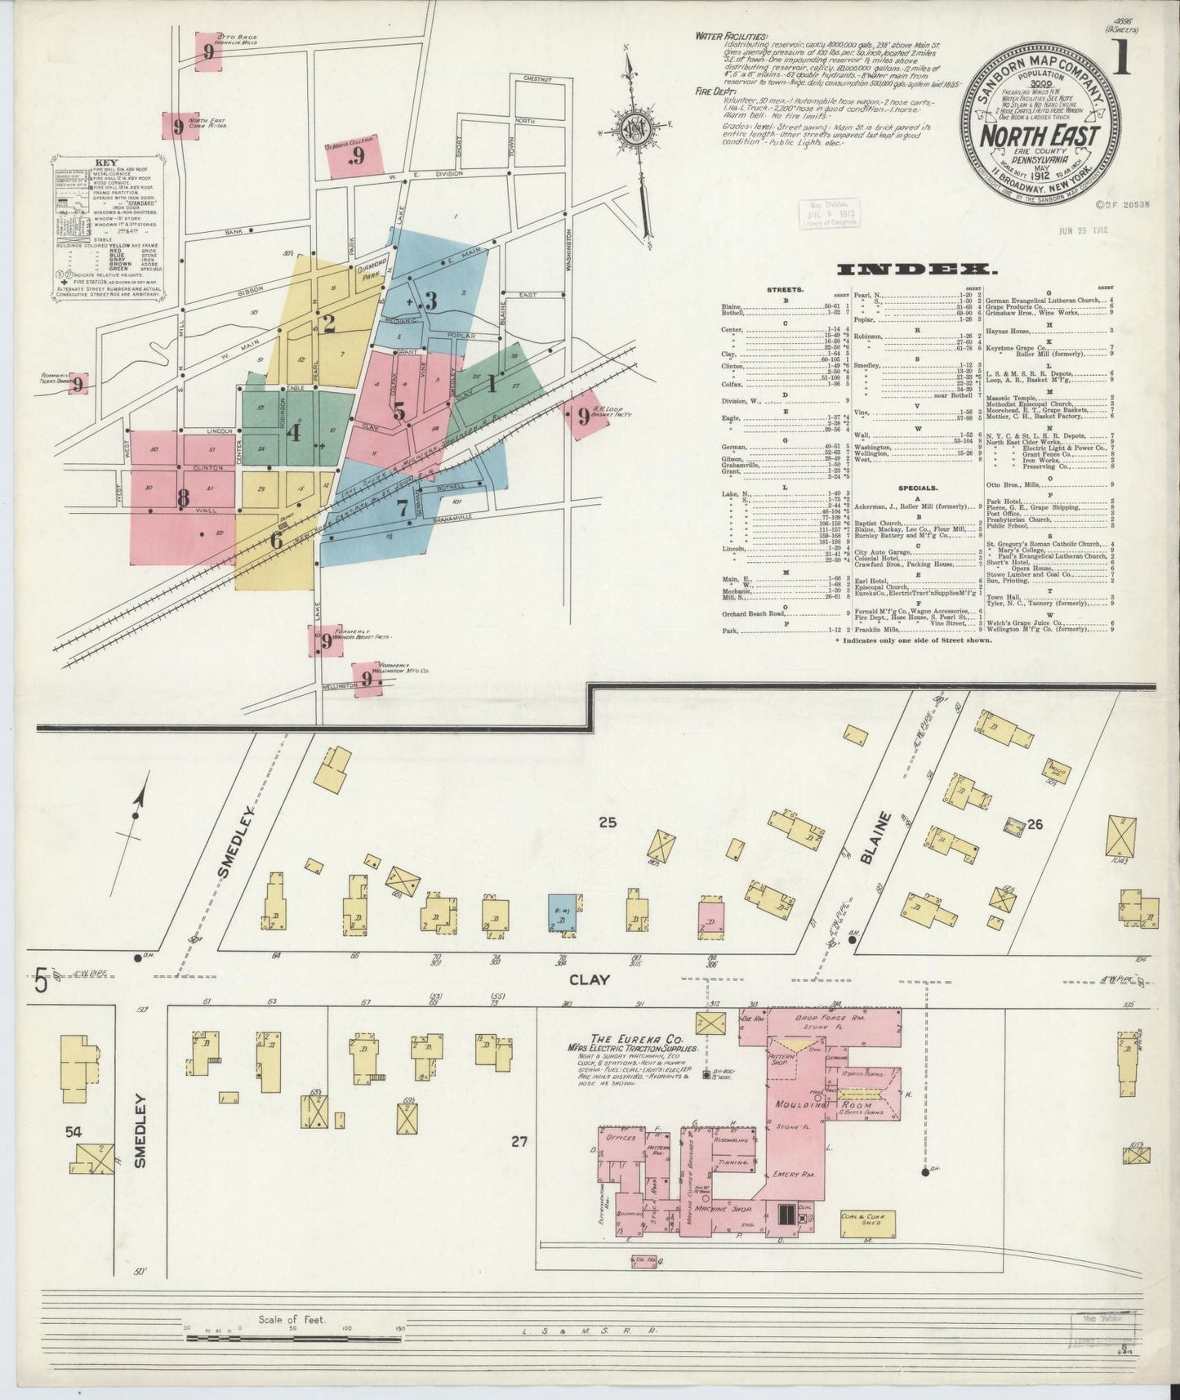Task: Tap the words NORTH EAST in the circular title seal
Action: click(x=1039, y=136)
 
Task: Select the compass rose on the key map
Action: click(x=635, y=131)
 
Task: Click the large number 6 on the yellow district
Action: click(x=276, y=540)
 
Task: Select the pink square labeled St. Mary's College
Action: click(x=355, y=155)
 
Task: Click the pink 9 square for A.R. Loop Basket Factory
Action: click(x=581, y=417)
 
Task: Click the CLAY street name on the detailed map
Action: click(x=589, y=979)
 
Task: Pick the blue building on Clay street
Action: click(x=563, y=915)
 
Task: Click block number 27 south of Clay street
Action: click(x=519, y=1142)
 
